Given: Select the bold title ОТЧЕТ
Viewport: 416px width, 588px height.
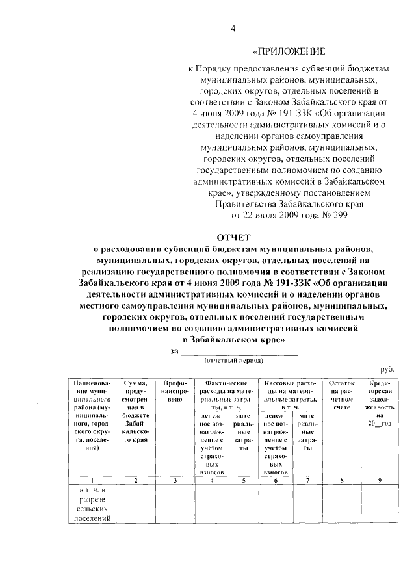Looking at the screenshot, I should tap(233, 237).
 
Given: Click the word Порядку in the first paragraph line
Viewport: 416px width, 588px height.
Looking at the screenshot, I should tap(216, 67).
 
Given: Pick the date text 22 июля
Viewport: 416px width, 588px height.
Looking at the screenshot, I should tap(246, 216).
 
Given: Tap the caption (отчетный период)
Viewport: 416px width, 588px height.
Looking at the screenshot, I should tap(233, 361).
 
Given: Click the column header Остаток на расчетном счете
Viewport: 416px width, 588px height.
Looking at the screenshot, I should tap(343, 396).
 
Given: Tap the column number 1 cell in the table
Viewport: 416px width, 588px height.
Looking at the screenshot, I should tap(94, 480).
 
